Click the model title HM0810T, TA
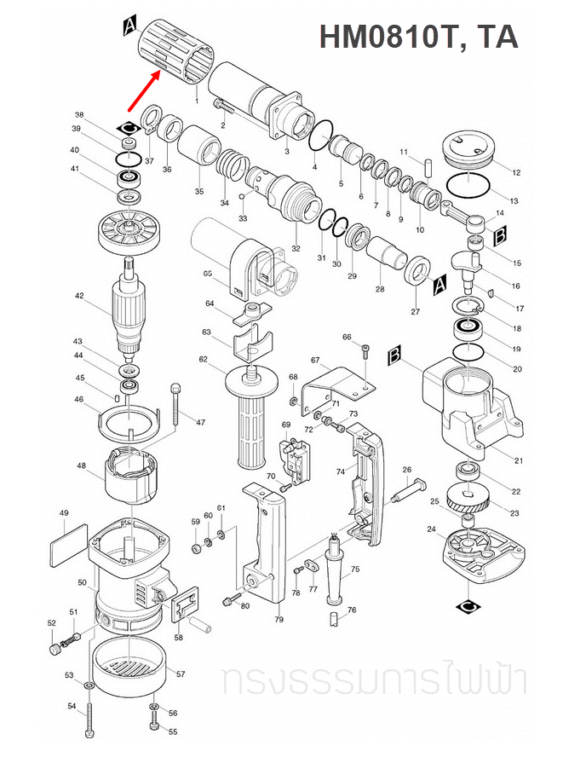(x=418, y=36)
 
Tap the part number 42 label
(x=79, y=297)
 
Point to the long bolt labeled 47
(x=175, y=405)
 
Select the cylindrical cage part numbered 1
(x=175, y=54)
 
